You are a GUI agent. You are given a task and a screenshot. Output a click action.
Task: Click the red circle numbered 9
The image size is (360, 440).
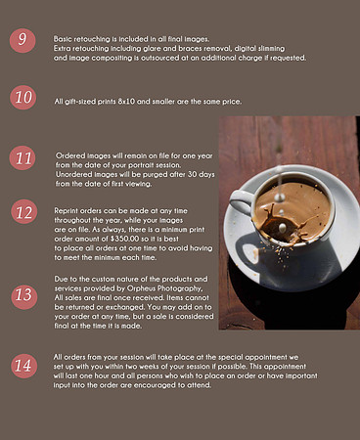(x=22, y=40)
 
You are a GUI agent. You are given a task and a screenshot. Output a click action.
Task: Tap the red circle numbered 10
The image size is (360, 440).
(x=22, y=97)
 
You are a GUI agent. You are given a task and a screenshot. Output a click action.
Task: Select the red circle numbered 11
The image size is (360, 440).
(x=22, y=158)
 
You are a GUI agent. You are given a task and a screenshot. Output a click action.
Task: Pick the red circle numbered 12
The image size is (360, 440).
(x=24, y=211)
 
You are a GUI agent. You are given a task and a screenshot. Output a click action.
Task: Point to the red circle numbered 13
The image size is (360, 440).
(x=24, y=297)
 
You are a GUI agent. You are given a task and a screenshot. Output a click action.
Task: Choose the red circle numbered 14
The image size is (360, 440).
(x=24, y=366)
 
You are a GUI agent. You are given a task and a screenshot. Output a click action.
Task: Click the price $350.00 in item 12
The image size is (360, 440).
(x=125, y=239)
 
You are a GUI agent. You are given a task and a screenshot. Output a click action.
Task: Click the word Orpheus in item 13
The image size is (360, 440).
(x=141, y=288)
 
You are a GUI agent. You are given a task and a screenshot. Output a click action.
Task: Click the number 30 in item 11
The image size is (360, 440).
(x=193, y=174)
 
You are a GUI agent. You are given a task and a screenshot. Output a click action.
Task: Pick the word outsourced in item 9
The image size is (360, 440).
(x=159, y=58)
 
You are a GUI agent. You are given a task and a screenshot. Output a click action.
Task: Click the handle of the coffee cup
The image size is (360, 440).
(x=241, y=201)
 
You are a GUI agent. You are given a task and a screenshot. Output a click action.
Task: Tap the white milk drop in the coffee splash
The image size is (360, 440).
(x=283, y=226)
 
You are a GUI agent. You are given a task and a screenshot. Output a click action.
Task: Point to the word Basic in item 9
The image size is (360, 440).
(x=63, y=39)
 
